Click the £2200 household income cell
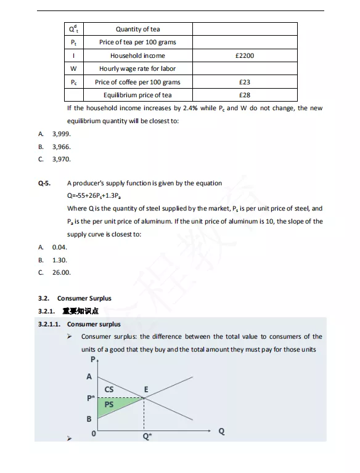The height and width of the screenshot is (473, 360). click(244, 55)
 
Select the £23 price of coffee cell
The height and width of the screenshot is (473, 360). click(244, 82)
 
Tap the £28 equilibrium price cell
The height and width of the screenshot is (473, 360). click(244, 95)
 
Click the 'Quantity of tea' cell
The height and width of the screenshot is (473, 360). click(137, 29)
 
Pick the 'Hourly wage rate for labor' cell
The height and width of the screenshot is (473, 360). click(137, 68)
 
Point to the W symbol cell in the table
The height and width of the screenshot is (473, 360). click(74, 68)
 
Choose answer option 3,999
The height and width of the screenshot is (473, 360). click(61, 134)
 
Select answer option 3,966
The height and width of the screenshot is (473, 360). click(61, 147)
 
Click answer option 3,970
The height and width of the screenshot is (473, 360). click(61, 159)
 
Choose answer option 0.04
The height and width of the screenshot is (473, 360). click(59, 247)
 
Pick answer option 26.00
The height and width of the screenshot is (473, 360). click(61, 272)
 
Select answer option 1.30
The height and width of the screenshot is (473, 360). click(59, 260)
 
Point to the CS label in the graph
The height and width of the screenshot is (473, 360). click(109, 389)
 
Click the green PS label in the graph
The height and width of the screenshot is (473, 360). click(108, 405)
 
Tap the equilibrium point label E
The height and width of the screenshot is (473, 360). click(146, 389)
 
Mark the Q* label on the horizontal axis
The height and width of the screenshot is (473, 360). click(147, 436)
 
